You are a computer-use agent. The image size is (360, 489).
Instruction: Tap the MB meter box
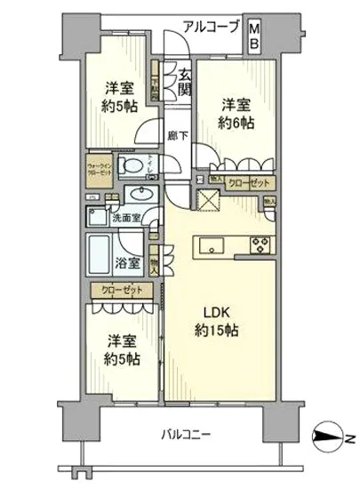[x=254, y=33]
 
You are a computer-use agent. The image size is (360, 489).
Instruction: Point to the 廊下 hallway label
[x=177, y=135]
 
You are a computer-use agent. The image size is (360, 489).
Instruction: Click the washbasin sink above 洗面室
[x=140, y=195]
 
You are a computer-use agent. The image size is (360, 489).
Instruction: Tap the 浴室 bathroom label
[x=126, y=263]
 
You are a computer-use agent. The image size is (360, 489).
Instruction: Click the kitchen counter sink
[x=211, y=245]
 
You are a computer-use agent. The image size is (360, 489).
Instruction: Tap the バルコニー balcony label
[x=185, y=436]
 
